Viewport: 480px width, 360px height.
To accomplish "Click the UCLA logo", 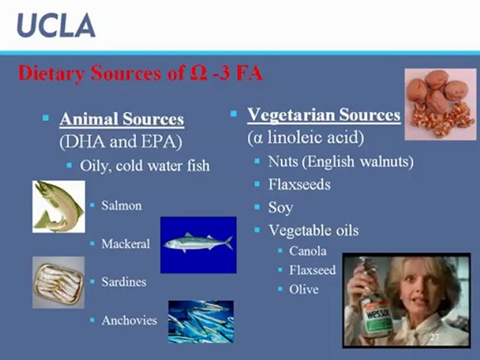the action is tap(56, 25).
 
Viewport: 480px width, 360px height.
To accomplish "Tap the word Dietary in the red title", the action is tap(51, 73).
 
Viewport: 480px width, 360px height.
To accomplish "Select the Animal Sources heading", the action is tap(122, 119).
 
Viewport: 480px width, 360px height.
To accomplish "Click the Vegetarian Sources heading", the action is tap(324, 115).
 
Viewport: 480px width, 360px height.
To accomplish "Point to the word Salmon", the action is tap(121, 205).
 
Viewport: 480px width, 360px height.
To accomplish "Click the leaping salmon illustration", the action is tap(58, 206).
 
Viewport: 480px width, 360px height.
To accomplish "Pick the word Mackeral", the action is tap(126, 244).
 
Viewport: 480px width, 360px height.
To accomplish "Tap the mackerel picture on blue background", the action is tap(198, 245).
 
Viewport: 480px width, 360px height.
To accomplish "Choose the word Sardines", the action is tap(124, 282).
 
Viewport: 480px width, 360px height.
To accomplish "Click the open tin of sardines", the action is tap(58, 282).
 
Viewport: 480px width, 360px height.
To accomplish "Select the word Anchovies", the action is tap(129, 320).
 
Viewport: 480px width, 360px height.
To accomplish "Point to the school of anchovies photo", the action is tap(201, 321).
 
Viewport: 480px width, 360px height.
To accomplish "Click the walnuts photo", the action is tap(440, 104).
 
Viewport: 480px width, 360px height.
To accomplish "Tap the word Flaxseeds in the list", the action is tap(299, 184).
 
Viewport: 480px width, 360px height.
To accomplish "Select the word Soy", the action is tap(280, 208).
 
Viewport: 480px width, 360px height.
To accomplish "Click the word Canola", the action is tap(307, 251).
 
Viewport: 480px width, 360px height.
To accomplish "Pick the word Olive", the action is tap(303, 289).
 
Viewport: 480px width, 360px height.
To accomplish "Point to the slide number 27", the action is tap(434, 337).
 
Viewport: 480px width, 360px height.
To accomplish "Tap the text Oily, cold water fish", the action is tap(145, 166).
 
